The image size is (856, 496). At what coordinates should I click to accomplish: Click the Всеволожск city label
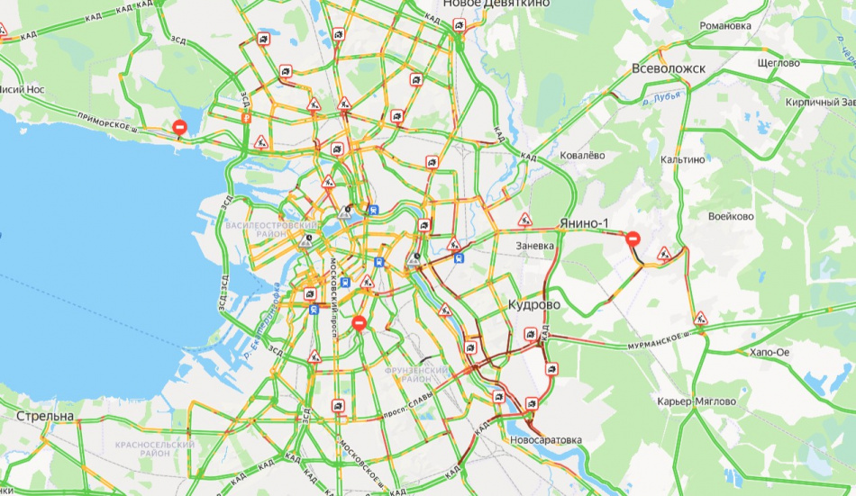pyautogui.click(x=668, y=68)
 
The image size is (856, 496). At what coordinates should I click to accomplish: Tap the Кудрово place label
pyautogui.click(x=534, y=305)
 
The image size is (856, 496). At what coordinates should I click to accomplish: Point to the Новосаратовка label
pyautogui.click(x=546, y=440)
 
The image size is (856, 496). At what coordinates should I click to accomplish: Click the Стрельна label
pyautogui.click(x=44, y=416)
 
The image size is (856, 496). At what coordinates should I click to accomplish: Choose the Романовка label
pyautogui.click(x=725, y=25)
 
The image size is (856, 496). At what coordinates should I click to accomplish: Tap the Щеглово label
pyautogui.click(x=779, y=63)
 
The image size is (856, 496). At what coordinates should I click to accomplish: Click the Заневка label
pyautogui.click(x=540, y=245)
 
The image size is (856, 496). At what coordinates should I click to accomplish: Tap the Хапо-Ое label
pyautogui.click(x=768, y=352)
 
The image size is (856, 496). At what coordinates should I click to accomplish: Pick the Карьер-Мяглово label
pyautogui.click(x=697, y=401)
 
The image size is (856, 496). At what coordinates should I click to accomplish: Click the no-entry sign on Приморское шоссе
pyautogui.click(x=180, y=129)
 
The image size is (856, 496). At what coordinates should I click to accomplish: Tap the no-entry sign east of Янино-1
pyautogui.click(x=633, y=239)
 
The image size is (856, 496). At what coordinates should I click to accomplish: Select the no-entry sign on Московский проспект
pyautogui.click(x=360, y=322)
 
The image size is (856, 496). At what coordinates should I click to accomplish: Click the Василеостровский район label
pyautogui.click(x=272, y=229)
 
